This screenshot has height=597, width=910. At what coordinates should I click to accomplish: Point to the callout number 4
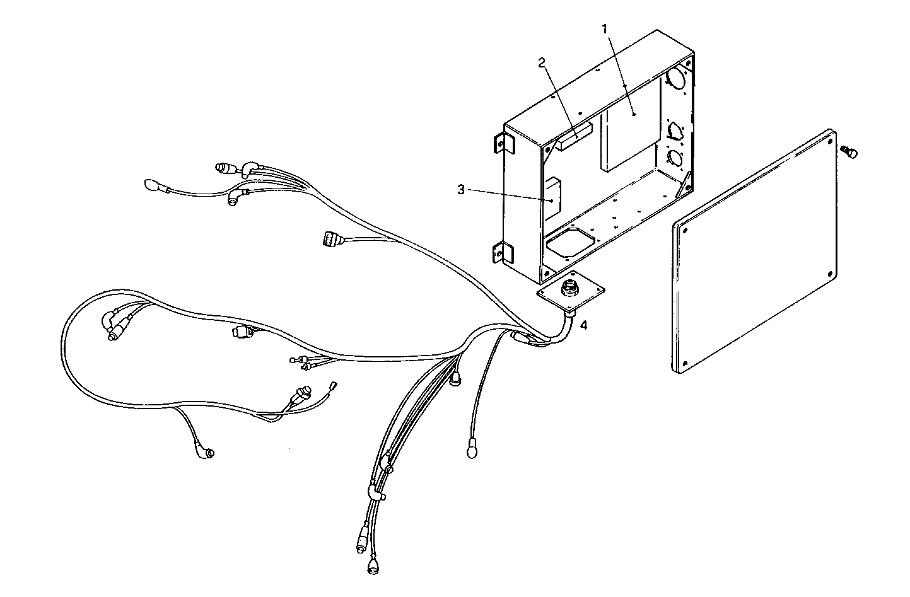pos(584,325)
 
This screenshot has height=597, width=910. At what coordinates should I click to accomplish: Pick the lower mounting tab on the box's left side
pos(498,253)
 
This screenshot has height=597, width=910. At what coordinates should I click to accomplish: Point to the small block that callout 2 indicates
pos(574,137)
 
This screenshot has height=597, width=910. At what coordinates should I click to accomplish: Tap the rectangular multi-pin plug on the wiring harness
pos(328,240)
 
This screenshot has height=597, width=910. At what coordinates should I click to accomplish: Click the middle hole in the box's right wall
pos(675,129)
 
